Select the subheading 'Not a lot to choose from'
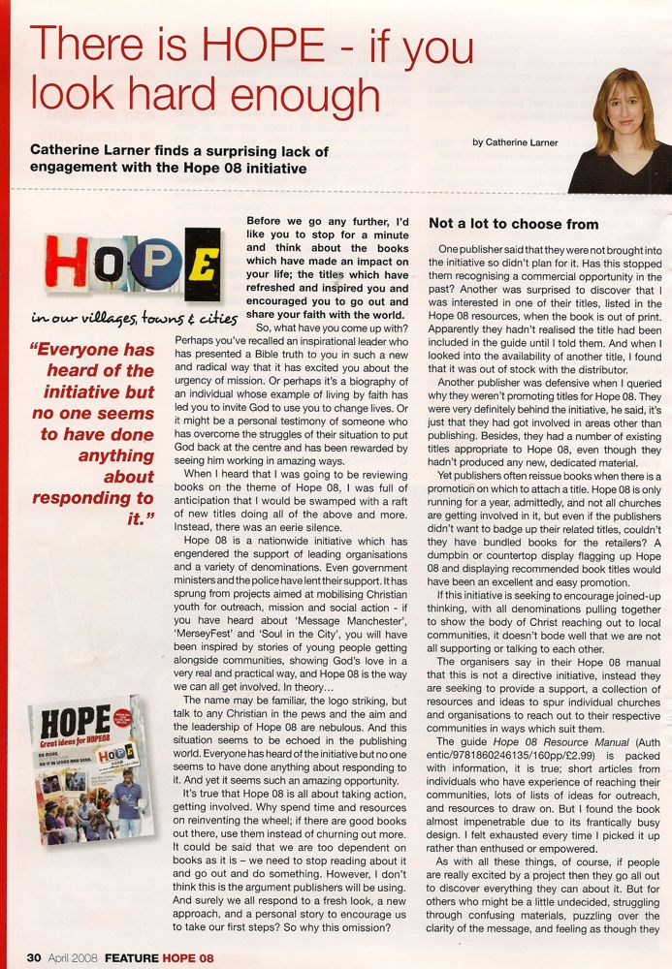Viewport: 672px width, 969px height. click(x=513, y=224)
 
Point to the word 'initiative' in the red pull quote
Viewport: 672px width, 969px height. click(x=90, y=391)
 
